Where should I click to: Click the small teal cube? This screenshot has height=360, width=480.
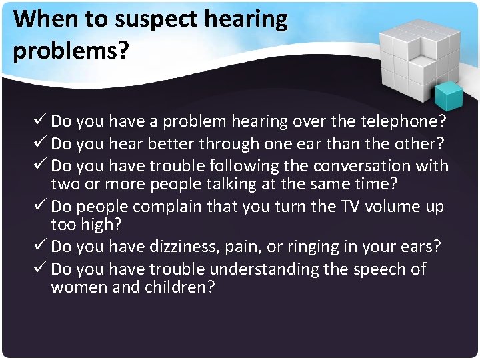[448, 95]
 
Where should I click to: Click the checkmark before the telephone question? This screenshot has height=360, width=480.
[40, 121]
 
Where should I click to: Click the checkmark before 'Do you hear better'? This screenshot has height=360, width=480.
[40, 143]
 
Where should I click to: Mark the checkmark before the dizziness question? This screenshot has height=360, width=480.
[40, 247]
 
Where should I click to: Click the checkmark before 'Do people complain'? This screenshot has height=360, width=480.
[40, 207]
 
